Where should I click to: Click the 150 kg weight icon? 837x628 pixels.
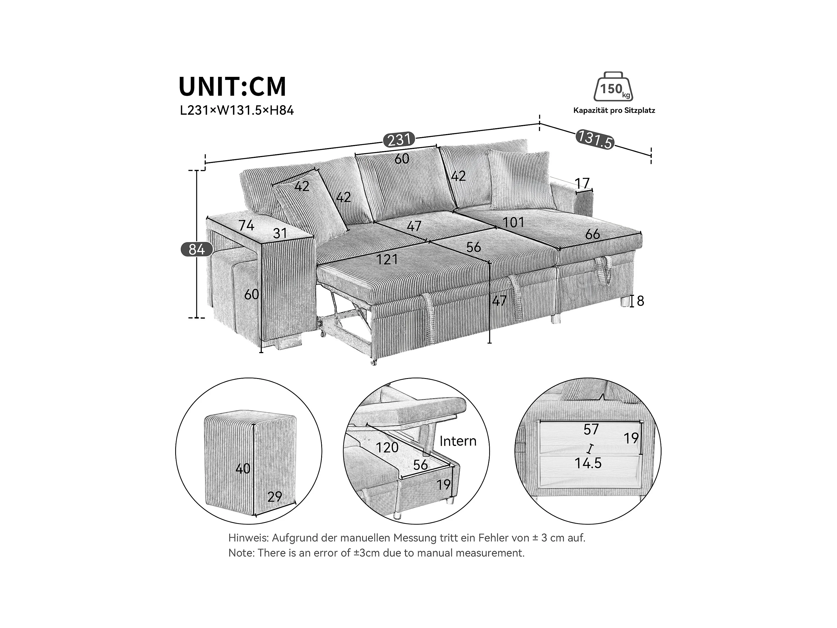[613, 87]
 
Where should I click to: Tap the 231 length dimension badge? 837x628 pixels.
[399, 140]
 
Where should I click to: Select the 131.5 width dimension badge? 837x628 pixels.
[595, 139]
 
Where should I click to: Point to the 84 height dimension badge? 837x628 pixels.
[197, 249]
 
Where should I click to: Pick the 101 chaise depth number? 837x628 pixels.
[514, 222]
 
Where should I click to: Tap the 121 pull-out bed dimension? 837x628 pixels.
[387, 259]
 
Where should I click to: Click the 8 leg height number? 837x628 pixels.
[640, 301]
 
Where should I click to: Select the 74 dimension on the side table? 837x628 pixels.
[246, 225]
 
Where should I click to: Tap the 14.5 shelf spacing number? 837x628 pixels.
[588, 463]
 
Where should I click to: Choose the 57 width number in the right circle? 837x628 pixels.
[591, 430]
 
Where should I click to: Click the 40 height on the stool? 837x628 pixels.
[243, 469]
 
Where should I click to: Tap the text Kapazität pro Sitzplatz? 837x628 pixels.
[614, 111]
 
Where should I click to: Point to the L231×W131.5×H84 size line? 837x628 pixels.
[237, 111]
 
